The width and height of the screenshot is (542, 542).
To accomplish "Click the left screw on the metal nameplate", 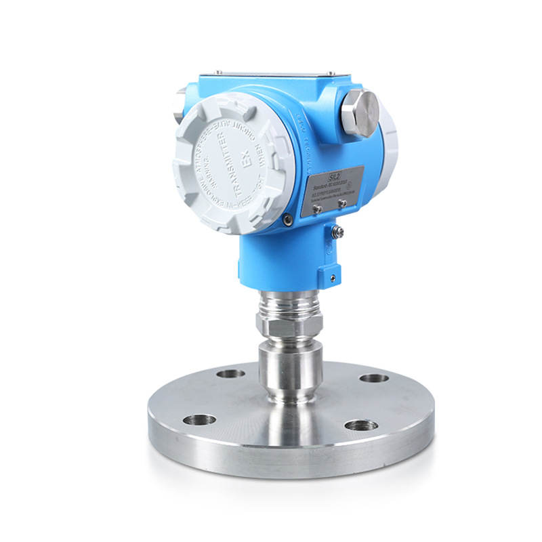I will [316, 209].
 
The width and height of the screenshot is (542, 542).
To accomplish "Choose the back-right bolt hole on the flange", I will [373, 377].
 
